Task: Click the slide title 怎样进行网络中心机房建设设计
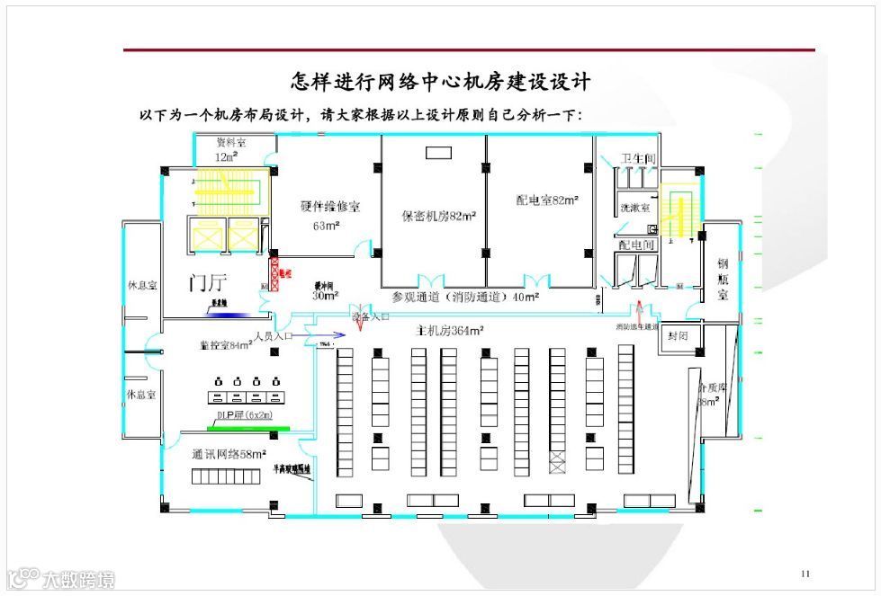point(440,82)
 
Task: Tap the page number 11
point(805,574)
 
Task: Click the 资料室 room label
point(231,143)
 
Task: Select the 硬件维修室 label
point(329,206)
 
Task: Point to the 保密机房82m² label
point(438,216)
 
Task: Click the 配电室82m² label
point(547,200)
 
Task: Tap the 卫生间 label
point(638,159)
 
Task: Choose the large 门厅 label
point(207,283)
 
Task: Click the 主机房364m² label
point(450,330)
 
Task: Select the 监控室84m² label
point(225,344)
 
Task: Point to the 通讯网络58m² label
point(230,454)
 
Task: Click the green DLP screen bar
point(235,428)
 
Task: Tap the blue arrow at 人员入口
point(325,335)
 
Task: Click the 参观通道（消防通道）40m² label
point(465,297)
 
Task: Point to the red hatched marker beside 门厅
point(276,272)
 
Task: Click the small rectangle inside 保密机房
point(438,152)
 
